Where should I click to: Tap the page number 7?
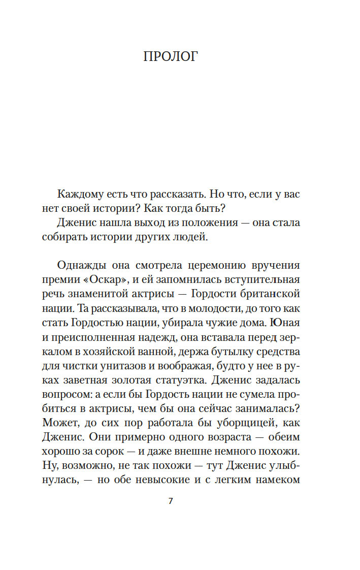(x=171, y=501)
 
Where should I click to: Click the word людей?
(x=193, y=236)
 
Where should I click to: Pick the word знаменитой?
(x=107, y=294)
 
